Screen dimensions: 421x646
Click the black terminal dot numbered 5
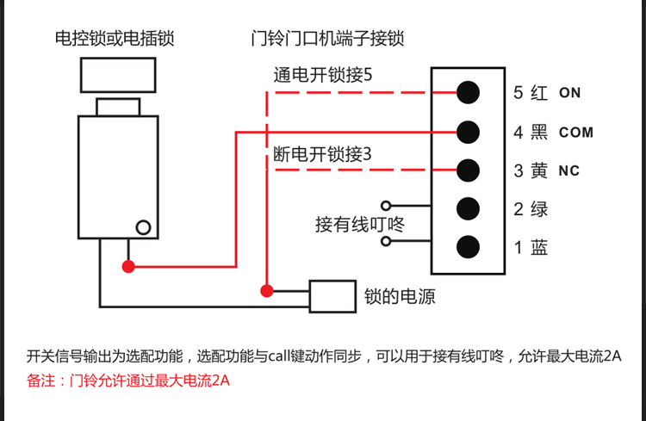pyautogui.click(x=468, y=92)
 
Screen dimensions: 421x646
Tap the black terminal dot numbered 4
pyautogui.click(x=468, y=132)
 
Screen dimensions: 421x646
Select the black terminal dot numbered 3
pyautogui.click(x=468, y=170)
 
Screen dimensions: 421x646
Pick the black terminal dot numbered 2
pyautogui.click(x=468, y=208)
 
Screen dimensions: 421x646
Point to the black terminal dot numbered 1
pyautogui.click(x=468, y=247)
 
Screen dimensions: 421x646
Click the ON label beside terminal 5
pyautogui.click(x=570, y=93)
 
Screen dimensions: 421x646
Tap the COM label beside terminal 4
pyautogui.click(x=576, y=133)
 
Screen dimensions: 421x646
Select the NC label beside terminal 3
pyautogui.click(x=569, y=171)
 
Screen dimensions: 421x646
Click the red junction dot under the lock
pyautogui.click(x=128, y=267)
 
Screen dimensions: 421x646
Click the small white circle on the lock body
pyautogui.click(x=144, y=228)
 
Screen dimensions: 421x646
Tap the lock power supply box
pyautogui.click(x=332, y=297)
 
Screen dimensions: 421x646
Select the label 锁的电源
pyautogui.click(x=400, y=297)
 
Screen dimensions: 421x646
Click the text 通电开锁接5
pyautogui.click(x=323, y=76)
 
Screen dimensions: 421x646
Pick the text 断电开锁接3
pyautogui.click(x=322, y=155)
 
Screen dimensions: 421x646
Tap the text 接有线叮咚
pyautogui.click(x=359, y=225)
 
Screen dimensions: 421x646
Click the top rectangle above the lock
pyautogui.click(x=118, y=75)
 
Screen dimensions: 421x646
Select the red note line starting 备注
pyautogui.click(x=128, y=380)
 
